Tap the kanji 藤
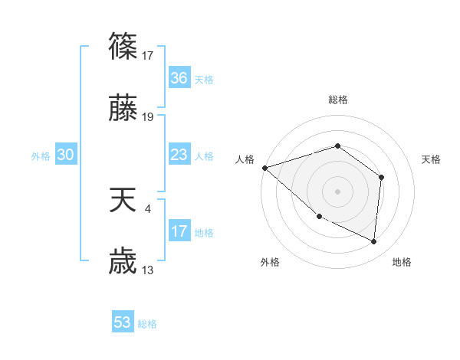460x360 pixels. tap(123, 110)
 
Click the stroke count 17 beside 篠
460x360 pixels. tap(149, 55)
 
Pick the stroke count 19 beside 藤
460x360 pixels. tap(149, 117)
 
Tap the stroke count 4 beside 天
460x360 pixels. tap(147, 208)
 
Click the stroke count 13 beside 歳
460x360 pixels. tap(149, 270)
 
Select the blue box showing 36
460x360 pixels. tap(179, 78)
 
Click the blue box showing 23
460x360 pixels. tap(179, 155)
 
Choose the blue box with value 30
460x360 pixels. tap(66, 155)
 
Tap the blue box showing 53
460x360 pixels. tap(123, 322)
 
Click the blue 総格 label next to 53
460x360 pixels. tap(147, 324)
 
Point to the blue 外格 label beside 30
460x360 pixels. tap(41, 156)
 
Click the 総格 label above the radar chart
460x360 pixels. tap(337, 100)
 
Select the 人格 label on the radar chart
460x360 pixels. tap(245, 159)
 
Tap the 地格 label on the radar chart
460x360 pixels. tap(402, 263)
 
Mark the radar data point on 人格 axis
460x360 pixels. tap(264, 167)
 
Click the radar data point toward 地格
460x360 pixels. tap(374, 241)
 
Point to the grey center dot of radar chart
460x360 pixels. tap(337, 191)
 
